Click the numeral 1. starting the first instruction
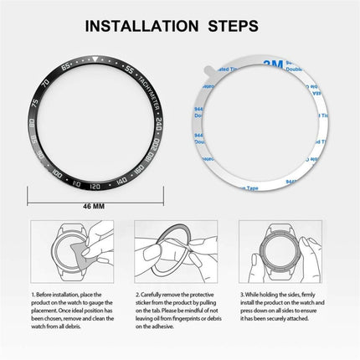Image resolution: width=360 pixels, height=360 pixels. [x=33, y=294]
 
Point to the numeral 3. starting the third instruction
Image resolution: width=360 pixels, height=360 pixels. [x=243, y=294]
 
